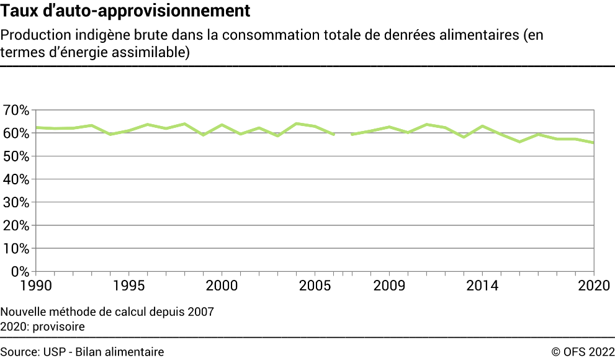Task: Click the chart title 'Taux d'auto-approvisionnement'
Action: click(126, 11)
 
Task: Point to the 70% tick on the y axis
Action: click(16, 110)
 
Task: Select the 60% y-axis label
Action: click(16, 133)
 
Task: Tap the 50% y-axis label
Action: click(16, 156)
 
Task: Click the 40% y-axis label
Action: click(16, 179)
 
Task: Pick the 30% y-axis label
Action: click(16, 202)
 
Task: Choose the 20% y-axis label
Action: click(16, 225)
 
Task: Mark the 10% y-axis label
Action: click(16, 248)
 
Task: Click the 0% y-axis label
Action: click(19, 271)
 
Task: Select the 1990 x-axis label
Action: click(36, 286)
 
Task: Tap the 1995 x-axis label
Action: click(129, 286)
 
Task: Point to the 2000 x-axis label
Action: click(222, 286)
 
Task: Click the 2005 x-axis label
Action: click(315, 286)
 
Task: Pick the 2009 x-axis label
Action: click(390, 286)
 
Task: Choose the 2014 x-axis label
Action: click(483, 286)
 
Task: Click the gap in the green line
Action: click(343, 134)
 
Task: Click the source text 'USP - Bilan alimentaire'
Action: click(104, 352)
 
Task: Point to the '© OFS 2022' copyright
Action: click(583, 352)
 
